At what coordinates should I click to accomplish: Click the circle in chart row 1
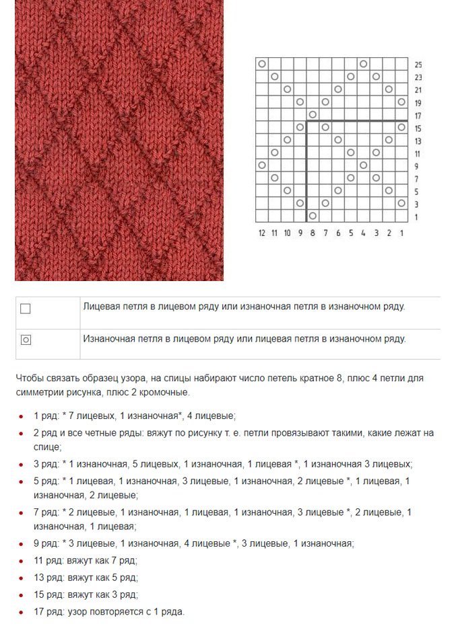[313, 216]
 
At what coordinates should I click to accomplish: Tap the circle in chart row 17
[313, 114]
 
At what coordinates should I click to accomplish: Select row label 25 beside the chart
[418, 65]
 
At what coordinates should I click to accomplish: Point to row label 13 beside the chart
[418, 141]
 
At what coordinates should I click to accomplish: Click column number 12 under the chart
[262, 233]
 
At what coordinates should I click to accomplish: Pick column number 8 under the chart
[313, 233]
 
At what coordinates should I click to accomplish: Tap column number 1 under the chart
[401, 233]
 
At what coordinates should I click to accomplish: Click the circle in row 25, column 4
[363, 64]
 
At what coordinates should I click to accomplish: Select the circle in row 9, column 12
[262, 165]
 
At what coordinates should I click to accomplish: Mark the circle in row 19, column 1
[401, 102]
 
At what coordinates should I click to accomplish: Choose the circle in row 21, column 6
[338, 89]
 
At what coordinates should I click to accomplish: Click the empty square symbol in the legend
[26, 309]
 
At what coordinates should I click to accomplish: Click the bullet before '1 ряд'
[22, 417]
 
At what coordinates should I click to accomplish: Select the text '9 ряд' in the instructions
[46, 543]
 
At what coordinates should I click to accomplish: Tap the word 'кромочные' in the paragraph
[164, 392]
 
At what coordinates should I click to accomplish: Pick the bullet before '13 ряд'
[22, 578]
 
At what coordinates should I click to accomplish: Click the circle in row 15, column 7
[325, 127]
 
